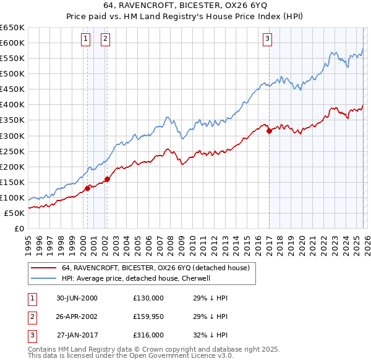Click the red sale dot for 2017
point(269,130)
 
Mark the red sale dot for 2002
point(107,179)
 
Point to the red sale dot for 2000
point(87,188)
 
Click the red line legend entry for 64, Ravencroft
point(155,268)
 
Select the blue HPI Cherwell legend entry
point(135,278)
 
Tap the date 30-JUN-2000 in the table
point(77,298)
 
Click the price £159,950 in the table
point(148,316)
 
